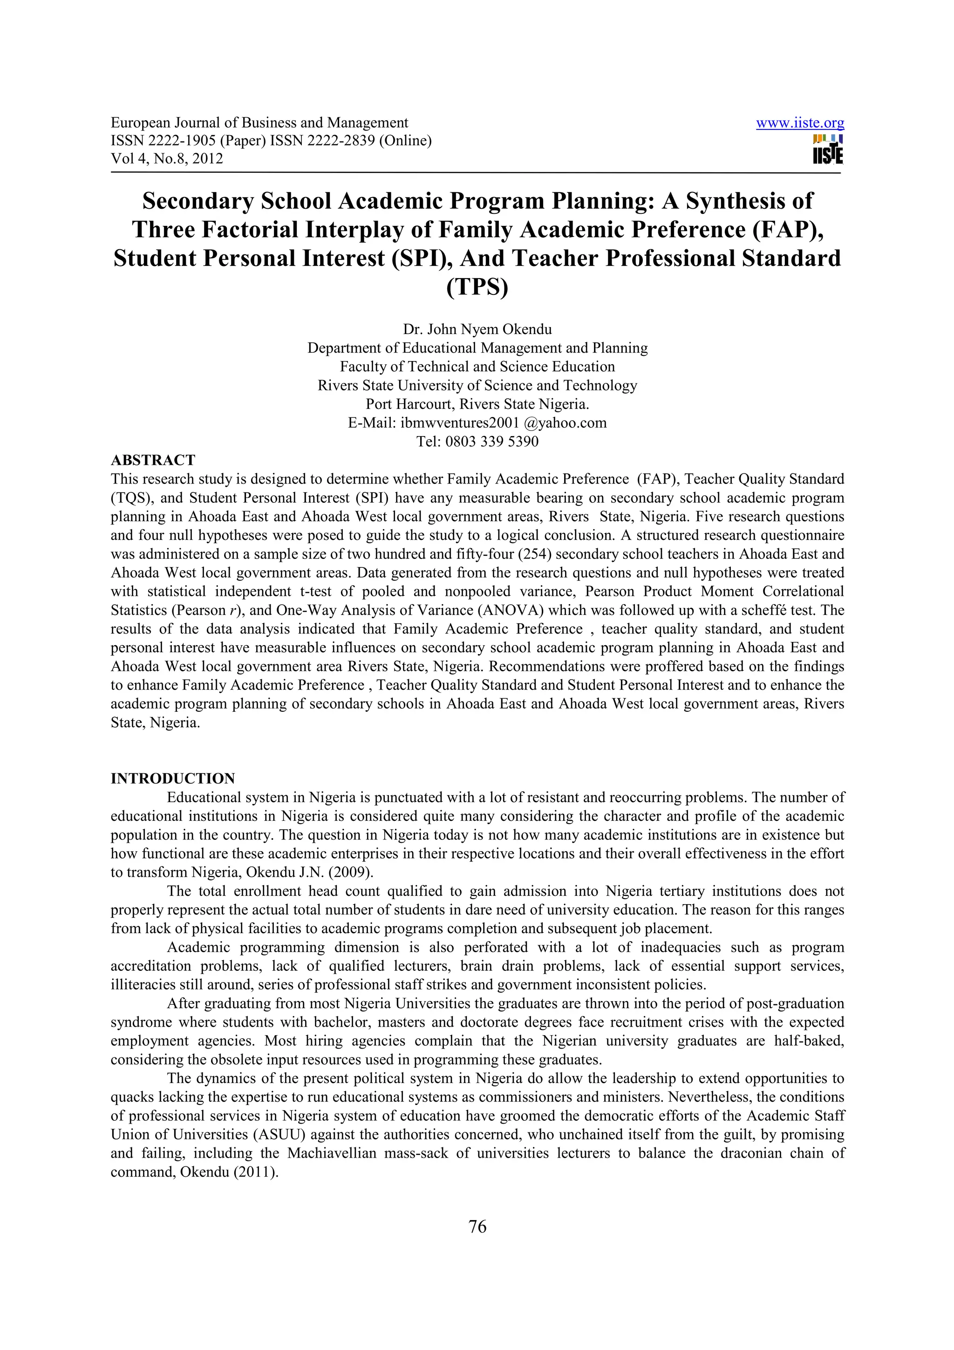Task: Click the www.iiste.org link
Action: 799,123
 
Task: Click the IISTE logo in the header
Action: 828,150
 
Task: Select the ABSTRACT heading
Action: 153,460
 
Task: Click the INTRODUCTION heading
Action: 173,778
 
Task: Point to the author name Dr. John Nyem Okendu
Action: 477,329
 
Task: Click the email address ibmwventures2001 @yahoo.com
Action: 503,423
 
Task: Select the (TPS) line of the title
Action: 477,287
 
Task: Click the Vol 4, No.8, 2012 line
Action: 167,158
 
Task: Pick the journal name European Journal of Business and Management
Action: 259,123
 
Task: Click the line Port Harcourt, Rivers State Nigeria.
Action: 477,404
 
